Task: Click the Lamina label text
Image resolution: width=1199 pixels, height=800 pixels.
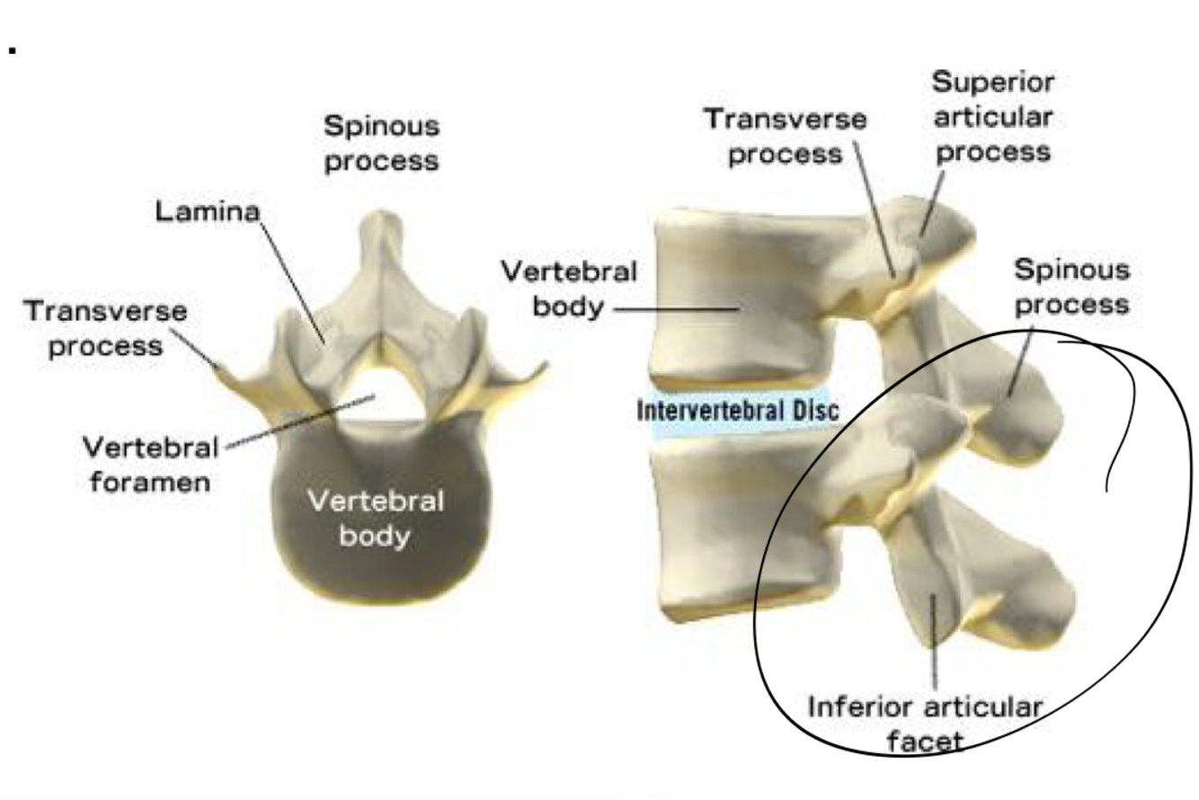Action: [207, 211]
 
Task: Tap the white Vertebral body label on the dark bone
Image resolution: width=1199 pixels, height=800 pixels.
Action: [375, 518]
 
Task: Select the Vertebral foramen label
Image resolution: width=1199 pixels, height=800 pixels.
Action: [150, 464]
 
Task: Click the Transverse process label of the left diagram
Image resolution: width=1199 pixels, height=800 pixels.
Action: [106, 328]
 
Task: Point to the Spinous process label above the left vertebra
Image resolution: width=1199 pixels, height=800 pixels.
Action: [382, 143]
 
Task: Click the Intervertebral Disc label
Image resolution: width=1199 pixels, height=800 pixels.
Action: [738, 411]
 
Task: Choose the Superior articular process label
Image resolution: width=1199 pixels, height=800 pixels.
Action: [993, 117]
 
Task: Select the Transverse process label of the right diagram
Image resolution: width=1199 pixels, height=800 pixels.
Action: [786, 136]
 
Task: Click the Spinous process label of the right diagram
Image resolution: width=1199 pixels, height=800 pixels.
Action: [1071, 287]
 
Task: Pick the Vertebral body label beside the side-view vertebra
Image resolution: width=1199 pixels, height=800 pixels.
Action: [568, 289]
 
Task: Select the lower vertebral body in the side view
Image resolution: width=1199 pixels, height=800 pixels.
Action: [746, 530]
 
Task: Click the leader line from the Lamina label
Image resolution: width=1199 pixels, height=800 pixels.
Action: [292, 279]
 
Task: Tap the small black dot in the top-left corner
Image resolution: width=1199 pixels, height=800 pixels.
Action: [13, 49]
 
